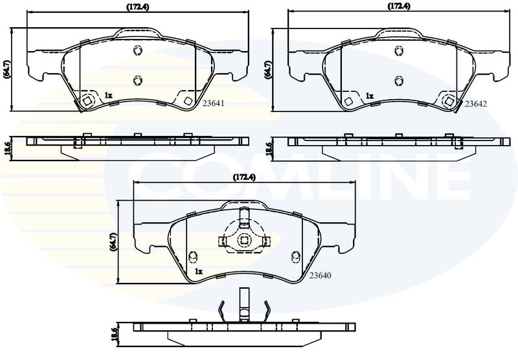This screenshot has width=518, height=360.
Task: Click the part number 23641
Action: [214, 104]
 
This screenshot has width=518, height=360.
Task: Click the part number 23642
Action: [475, 104]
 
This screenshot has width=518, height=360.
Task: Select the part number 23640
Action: [320, 275]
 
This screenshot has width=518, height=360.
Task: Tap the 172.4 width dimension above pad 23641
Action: [138, 7]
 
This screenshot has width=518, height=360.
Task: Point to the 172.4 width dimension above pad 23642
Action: [399, 6]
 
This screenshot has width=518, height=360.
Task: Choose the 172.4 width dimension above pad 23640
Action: [245, 177]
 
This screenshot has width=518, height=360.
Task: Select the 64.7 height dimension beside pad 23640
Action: [113, 242]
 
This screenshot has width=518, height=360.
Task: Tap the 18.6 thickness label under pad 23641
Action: [6, 148]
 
